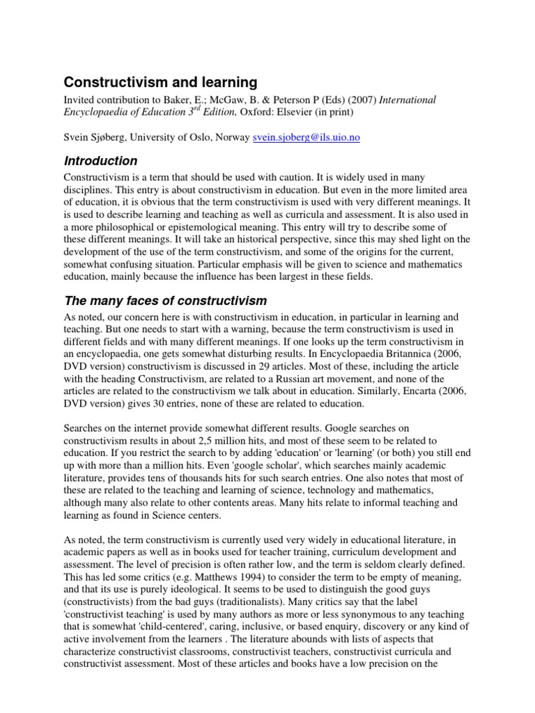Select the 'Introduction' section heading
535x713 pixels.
pos(100,161)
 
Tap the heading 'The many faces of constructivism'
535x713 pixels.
pos(165,301)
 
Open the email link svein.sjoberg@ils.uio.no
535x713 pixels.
pos(307,138)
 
